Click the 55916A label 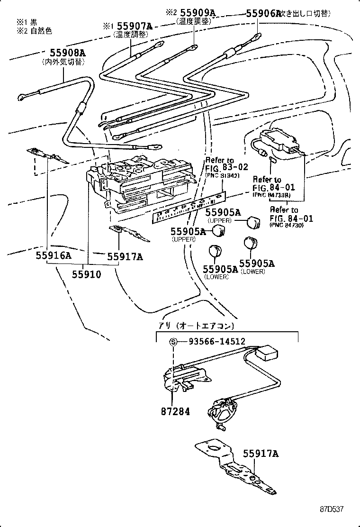coord(53,256)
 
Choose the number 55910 coord(87,274)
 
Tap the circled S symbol coord(173,342)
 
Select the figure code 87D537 coord(330,509)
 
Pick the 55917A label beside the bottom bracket coord(261,454)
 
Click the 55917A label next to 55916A coord(125,256)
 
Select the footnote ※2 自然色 coord(34,31)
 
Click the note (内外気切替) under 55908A coord(63,62)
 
